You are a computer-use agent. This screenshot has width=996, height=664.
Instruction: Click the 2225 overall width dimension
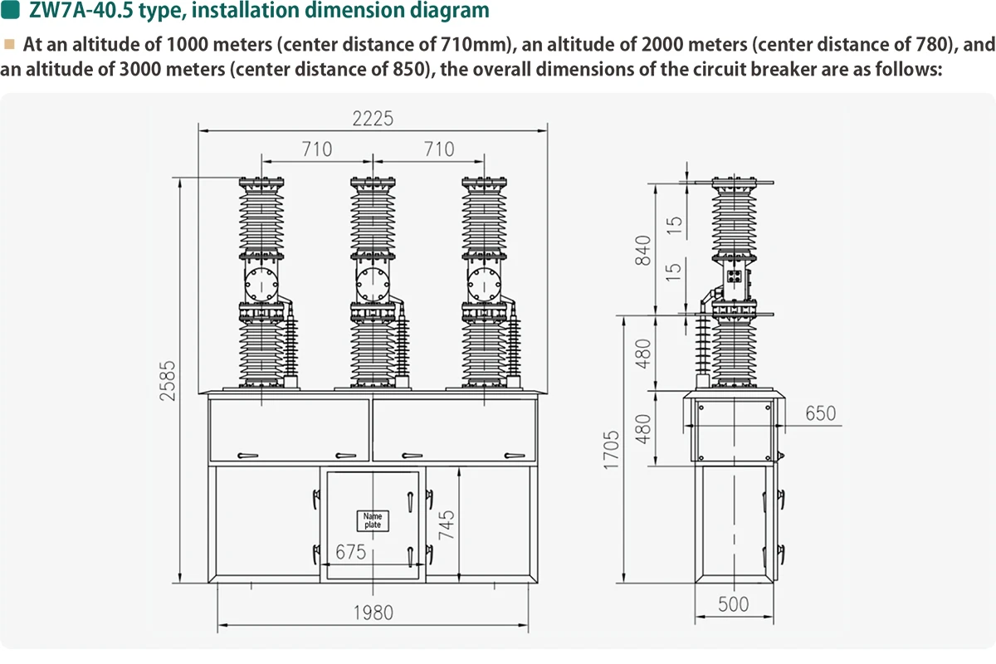372,119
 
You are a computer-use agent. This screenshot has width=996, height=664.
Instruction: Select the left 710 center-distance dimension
316,149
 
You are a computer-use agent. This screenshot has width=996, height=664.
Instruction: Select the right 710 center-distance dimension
438,149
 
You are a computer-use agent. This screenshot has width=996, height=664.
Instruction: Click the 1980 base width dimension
373,613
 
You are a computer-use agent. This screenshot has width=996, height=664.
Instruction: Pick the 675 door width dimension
351,552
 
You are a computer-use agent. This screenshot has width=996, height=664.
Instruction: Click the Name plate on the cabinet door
373,520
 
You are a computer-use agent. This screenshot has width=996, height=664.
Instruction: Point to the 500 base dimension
733,604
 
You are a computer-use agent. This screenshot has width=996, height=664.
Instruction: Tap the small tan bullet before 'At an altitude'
9,42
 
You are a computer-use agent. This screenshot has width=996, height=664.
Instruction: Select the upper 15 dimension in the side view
675,223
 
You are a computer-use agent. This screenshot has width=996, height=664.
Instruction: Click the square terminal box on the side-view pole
734,277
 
